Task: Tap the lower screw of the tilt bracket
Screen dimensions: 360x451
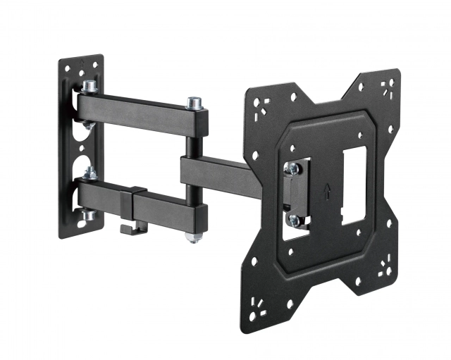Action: (x=294, y=220)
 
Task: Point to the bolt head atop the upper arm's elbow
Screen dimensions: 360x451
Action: (x=194, y=104)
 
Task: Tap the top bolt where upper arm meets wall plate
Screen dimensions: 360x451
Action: (x=89, y=87)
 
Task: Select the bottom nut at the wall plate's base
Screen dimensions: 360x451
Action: (x=88, y=216)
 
